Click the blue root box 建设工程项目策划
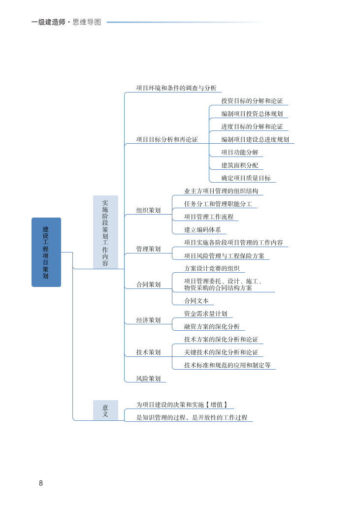pos(46,252)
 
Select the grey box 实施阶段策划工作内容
pos(105,232)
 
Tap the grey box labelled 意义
pos(105,411)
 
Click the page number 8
pos(41,483)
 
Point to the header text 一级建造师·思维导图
pos(66,22)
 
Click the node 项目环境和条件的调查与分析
pos(176,88)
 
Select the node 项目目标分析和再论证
pos(167,140)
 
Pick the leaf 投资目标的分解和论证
pos(252,101)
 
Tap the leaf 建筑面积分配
pos(239,165)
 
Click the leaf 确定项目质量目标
pos(245,178)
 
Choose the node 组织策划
pos(148,210)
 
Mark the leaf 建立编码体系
pos(202,229)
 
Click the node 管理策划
pos(148,249)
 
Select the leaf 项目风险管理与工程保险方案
pos(224,256)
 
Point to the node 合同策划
pos(148,285)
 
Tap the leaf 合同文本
pos(196,301)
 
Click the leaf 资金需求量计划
pos(205,314)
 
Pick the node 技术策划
pos(148,352)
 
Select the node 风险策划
pos(148,379)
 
